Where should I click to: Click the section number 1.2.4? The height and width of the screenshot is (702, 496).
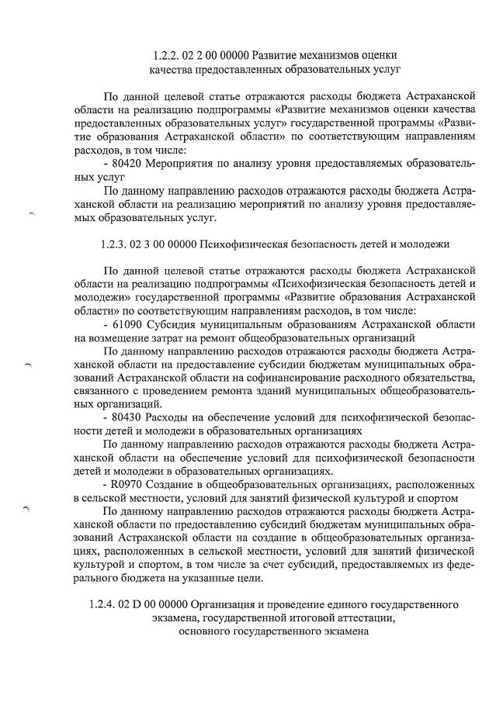pyautogui.click(x=102, y=604)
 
